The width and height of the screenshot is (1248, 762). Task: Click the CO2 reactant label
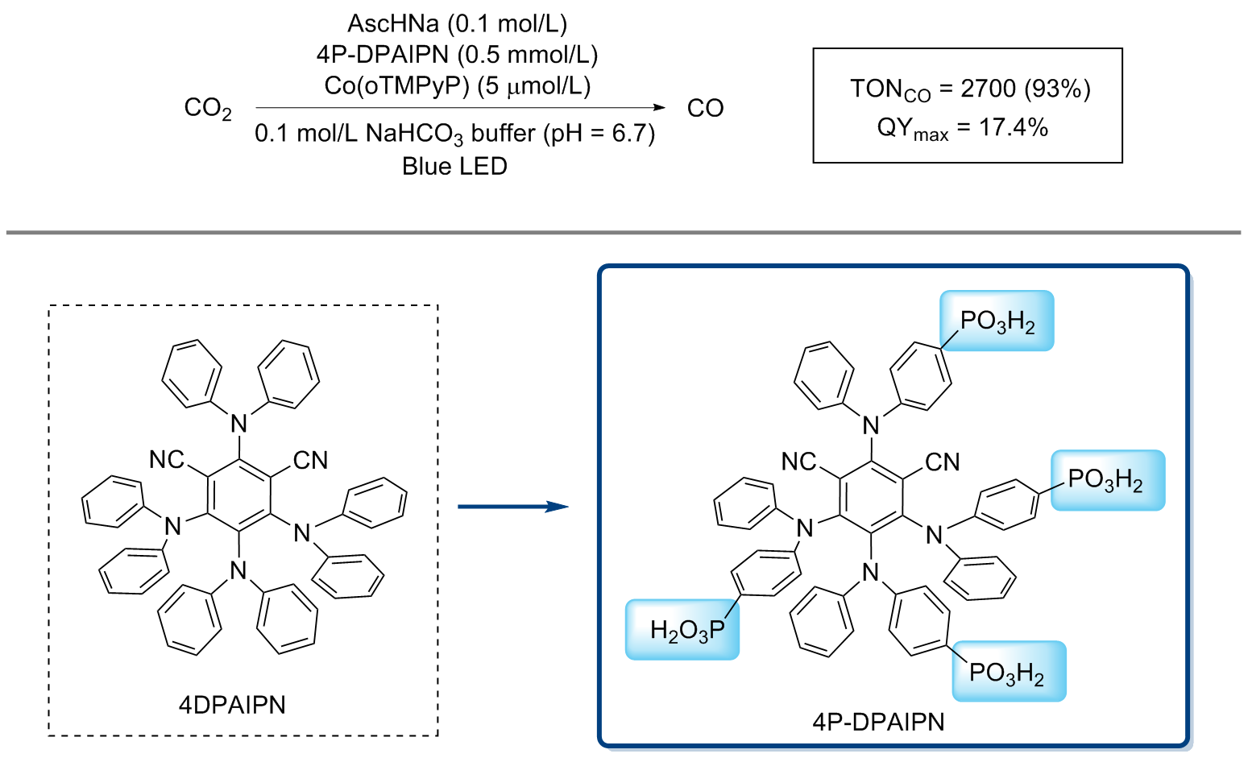pyautogui.click(x=207, y=109)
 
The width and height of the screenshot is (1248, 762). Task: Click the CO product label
pyautogui.click(x=705, y=109)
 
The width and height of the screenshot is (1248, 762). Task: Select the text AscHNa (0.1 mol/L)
pyautogui.click(x=457, y=23)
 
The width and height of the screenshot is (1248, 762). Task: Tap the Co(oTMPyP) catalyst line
pyautogui.click(x=457, y=85)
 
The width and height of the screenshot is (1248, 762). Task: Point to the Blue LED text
pyautogui.click(x=454, y=167)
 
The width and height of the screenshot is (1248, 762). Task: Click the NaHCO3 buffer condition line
pyautogui.click(x=454, y=134)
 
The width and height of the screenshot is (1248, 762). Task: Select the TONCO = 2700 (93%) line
pyautogui.click(x=969, y=89)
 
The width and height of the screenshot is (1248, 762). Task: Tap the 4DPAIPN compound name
pyautogui.click(x=232, y=705)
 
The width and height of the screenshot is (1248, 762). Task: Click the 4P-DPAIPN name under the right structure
pyautogui.click(x=878, y=721)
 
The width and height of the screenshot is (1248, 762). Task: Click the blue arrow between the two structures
pyautogui.click(x=512, y=507)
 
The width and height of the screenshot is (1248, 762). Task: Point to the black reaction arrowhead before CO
pyautogui.click(x=660, y=107)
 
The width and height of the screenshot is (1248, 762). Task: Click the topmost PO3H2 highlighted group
pyautogui.click(x=997, y=321)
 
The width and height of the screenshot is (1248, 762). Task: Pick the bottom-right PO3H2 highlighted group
pyautogui.click(x=1008, y=672)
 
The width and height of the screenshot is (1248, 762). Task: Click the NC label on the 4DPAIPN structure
pyautogui.click(x=167, y=460)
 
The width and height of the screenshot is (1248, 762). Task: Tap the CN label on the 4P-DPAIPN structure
pyautogui.click(x=942, y=462)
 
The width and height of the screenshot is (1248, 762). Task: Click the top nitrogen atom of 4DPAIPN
pyautogui.click(x=238, y=422)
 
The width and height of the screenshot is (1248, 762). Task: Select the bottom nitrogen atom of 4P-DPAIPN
pyautogui.click(x=870, y=573)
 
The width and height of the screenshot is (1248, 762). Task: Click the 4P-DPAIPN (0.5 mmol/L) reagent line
pyautogui.click(x=457, y=55)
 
